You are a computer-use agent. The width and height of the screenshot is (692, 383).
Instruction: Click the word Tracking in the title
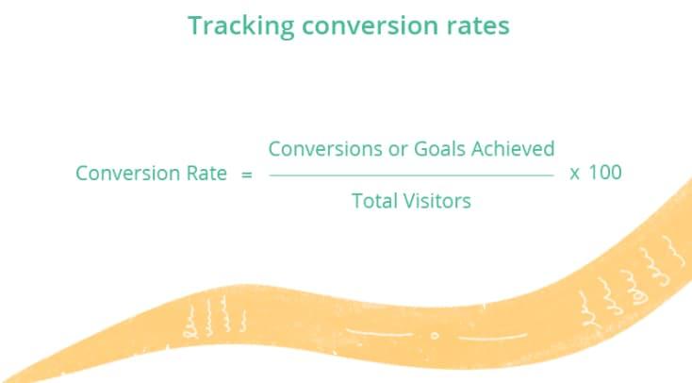pos(241,26)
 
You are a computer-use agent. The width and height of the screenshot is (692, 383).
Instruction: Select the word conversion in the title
pos(371,25)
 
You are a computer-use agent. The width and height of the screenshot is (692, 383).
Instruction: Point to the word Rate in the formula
pos(206,173)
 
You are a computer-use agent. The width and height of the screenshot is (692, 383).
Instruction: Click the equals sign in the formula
pos(247,175)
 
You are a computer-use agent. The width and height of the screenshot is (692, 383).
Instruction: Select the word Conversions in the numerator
pos(325,149)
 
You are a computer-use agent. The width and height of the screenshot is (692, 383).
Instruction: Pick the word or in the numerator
pos(397,151)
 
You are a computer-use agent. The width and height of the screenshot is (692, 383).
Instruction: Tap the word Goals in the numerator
pos(439,149)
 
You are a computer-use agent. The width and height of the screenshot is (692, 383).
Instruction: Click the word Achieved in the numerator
pos(513,149)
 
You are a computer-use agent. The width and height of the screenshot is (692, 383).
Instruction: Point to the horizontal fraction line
pos(411,175)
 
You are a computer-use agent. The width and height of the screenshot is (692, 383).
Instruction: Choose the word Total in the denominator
pos(374,201)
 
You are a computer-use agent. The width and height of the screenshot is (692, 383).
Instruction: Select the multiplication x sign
pos(574,175)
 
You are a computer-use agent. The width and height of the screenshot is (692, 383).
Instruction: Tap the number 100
pos(605,173)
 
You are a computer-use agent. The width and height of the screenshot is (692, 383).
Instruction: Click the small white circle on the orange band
pos(435,336)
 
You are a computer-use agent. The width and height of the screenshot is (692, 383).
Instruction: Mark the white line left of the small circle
pos(381,333)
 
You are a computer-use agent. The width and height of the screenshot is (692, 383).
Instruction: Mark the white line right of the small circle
pos(492,338)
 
